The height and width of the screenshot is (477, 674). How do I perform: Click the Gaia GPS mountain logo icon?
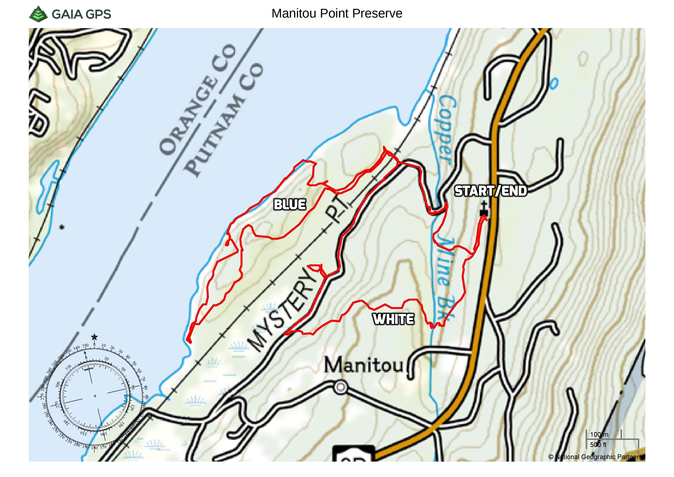point(38,14)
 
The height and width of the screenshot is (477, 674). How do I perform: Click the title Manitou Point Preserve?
point(337,13)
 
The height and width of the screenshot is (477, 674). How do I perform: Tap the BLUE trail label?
point(289,204)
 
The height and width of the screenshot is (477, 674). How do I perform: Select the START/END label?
point(491,191)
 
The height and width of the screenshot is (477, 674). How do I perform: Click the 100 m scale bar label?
point(599,434)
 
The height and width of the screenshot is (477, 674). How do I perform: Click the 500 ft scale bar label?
point(598,445)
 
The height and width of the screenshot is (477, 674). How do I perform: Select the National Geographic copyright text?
point(596,457)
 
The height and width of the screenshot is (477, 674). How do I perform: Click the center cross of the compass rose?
point(95,396)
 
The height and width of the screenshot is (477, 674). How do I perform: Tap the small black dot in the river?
point(62,227)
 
